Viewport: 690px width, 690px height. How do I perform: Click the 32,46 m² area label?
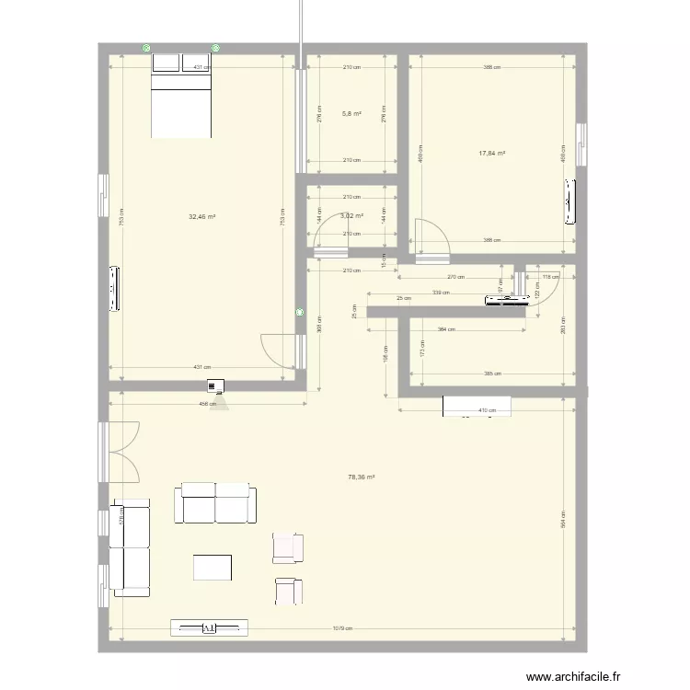point(201,217)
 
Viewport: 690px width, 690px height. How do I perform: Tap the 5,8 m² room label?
point(351,114)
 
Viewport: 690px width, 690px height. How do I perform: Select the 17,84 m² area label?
point(492,154)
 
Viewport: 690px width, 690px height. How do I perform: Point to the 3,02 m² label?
point(351,216)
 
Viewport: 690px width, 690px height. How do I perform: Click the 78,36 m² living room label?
point(361,477)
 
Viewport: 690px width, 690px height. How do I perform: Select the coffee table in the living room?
point(213,566)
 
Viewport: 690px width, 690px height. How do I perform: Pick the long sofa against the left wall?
point(129,547)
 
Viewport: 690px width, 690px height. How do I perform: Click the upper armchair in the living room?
point(287,547)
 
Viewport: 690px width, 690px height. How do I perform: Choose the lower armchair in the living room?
point(287,590)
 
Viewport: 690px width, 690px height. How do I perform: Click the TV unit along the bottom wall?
point(209,627)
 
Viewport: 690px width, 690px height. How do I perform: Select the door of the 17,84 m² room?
point(429,236)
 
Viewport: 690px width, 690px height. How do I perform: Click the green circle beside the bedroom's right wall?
point(300,313)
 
